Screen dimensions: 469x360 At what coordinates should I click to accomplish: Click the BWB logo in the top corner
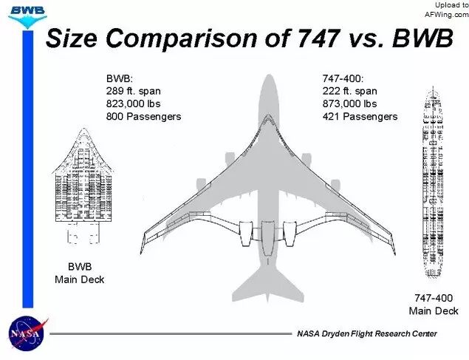click(27, 16)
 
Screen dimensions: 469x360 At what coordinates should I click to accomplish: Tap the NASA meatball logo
click(27, 333)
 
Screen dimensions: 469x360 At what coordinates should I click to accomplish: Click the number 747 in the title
click(318, 38)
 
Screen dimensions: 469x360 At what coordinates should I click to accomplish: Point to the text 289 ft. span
click(134, 91)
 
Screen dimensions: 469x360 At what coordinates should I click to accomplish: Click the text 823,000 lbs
click(134, 103)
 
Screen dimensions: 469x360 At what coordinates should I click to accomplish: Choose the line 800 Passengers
click(143, 116)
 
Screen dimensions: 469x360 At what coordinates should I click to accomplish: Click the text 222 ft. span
click(349, 91)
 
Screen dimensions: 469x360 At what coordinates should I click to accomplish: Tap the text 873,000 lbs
click(349, 103)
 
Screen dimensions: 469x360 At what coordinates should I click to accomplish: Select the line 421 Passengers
click(360, 116)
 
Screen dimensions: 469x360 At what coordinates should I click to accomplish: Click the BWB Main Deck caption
click(80, 273)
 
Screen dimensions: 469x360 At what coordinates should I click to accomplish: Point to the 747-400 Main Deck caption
click(434, 305)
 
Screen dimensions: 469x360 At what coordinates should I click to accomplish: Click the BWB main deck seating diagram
click(83, 186)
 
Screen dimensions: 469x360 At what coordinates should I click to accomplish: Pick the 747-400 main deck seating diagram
click(433, 182)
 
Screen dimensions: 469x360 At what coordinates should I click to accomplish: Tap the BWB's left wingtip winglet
click(143, 244)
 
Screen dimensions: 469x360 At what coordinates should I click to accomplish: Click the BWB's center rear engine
click(268, 239)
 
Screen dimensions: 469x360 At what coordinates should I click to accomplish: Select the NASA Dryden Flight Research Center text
click(367, 333)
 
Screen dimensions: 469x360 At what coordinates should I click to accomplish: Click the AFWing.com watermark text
click(447, 15)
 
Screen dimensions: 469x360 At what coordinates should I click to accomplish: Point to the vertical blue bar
click(28, 169)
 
